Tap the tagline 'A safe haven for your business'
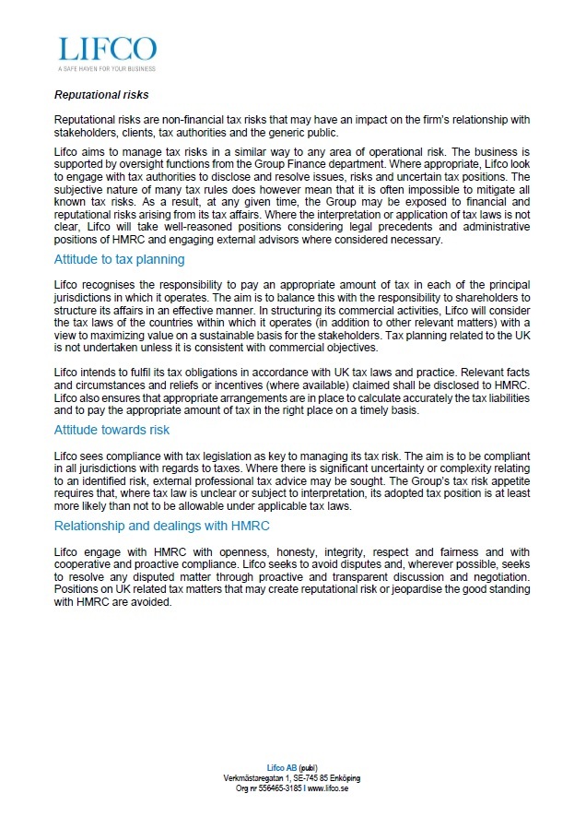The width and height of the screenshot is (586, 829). click(x=107, y=68)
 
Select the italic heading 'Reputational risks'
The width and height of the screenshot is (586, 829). click(x=101, y=94)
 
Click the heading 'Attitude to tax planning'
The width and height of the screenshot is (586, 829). click(x=120, y=259)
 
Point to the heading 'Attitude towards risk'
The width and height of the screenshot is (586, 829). click(x=111, y=430)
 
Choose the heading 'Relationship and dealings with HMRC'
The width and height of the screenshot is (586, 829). click(x=161, y=526)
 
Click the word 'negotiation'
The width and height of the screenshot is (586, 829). click(x=498, y=575)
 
